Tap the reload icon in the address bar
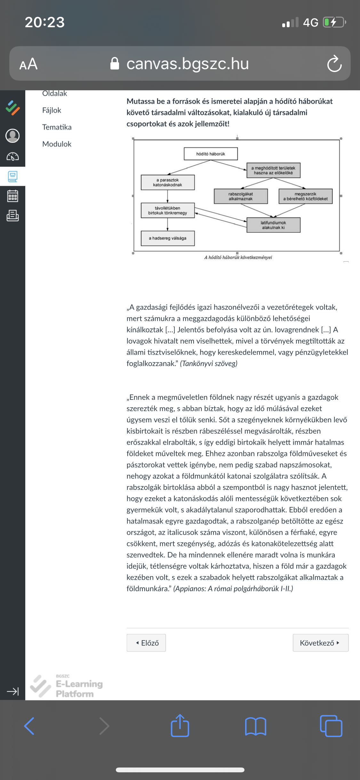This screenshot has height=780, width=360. click(x=334, y=64)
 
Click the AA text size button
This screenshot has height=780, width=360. click(x=28, y=64)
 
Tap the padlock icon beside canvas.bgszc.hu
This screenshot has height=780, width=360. click(x=115, y=63)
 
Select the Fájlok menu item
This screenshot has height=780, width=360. click(x=52, y=110)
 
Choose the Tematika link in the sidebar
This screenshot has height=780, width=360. click(x=57, y=127)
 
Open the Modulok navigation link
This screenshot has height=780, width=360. click(x=57, y=144)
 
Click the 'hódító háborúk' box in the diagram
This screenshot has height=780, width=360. click(x=211, y=154)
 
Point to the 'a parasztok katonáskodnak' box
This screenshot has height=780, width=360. click(x=168, y=183)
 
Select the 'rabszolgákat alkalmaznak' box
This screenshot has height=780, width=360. click(x=241, y=196)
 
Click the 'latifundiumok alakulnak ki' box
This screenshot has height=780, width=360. click(x=273, y=225)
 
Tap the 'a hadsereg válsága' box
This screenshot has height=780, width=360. click(x=168, y=238)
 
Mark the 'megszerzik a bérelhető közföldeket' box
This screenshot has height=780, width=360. click(x=306, y=196)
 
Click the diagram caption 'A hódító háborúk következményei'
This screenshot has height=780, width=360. click(x=238, y=257)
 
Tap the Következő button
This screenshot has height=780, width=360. click(x=320, y=643)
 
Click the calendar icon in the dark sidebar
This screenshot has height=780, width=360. click(x=12, y=196)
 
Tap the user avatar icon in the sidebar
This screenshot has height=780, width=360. click(x=12, y=136)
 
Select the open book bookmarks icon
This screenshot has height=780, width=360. click(x=255, y=726)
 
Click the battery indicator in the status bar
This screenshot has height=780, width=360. click(x=334, y=22)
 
